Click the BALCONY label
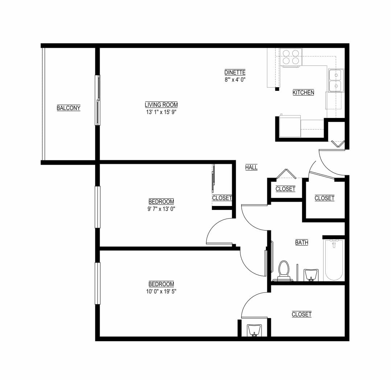pyautogui.click(x=68, y=108)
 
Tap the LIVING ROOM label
pyautogui.click(x=161, y=105)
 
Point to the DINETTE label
pyautogui.click(x=235, y=72)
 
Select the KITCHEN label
pyautogui.click(x=303, y=93)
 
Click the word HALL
pyautogui.click(x=251, y=167)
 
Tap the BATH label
pyautogui.click(x=301, y=242)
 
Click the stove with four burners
pyautogui.click(x=291, y=57)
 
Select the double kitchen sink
pyautogui.click(x=336, y=80)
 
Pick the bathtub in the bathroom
pyautogui.click(x=334, y=260)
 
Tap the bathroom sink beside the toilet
pyautogui.click(x=311, y=275)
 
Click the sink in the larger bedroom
pyautogui.click(x=254, y=330)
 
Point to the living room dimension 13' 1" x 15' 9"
pyautogui.click(x=161, y=112)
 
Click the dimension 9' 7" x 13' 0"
pyautogui.click(x=161, y=208)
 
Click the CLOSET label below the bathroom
pyautogui.click(x=301, y=314)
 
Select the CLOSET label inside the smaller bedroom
pyautogui.click(x=222, y=198)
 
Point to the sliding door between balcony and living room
pyautogui.click(x=98, y=100)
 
